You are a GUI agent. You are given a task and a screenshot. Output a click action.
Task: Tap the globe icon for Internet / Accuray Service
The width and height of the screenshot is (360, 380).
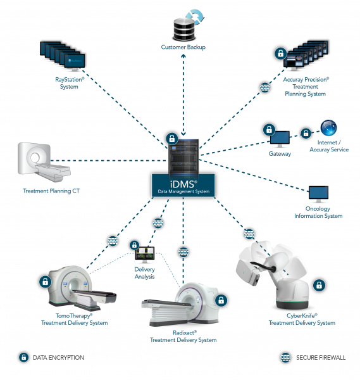point(328,128)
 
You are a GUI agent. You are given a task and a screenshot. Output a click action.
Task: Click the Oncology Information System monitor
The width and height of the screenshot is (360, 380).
point(319,194)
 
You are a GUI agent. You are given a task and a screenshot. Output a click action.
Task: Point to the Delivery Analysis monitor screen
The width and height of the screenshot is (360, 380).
point(145,253)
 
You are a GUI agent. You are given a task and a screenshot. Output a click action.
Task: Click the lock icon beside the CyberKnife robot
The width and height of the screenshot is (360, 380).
point(319,285)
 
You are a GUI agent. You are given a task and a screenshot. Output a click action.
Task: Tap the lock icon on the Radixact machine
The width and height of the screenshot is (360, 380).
point(221,300)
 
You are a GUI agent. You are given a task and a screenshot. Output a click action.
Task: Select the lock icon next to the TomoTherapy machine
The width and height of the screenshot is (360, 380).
point(46,282)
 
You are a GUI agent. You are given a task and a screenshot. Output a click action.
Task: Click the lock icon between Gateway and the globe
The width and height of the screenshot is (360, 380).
point(306,133)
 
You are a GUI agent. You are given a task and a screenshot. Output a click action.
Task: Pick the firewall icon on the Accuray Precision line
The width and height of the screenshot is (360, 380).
point(265,87)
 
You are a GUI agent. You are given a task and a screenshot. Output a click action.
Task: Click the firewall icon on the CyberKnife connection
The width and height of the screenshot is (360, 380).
point(249,234)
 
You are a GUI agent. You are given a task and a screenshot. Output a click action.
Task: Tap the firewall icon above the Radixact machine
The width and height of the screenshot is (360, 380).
point(183,252)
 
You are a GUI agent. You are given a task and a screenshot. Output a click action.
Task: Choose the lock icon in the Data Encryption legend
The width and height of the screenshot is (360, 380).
point(23,357)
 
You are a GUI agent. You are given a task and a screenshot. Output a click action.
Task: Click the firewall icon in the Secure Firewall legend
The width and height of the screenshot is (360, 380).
point(286,357)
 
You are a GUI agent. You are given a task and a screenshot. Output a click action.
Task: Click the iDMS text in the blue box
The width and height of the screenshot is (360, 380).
point(183,184)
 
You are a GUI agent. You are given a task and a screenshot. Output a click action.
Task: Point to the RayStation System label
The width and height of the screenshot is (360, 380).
point(70,83)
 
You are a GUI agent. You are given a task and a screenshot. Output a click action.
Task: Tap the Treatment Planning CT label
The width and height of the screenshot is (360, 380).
point(51,191)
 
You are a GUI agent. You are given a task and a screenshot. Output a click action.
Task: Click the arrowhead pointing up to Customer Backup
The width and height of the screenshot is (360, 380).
point(183,56)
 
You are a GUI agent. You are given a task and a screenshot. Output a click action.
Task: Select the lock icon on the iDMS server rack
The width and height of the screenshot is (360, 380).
point(172,139)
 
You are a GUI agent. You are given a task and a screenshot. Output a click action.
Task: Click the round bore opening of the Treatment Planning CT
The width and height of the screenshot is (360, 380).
point(35,158)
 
